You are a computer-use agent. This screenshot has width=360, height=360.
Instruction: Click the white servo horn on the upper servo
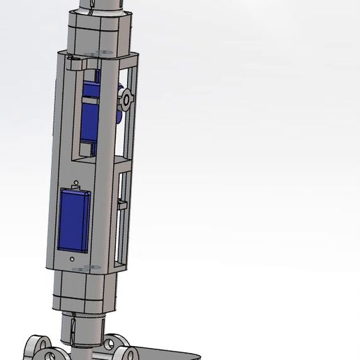point(126,100)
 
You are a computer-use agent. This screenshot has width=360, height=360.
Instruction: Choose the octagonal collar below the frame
point(84,291)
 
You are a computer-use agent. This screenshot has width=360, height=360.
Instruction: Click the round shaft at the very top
point(103,6)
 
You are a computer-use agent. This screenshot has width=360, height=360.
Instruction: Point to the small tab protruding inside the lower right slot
point(122,204)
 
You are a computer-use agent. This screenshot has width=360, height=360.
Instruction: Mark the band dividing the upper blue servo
point(89,102)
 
